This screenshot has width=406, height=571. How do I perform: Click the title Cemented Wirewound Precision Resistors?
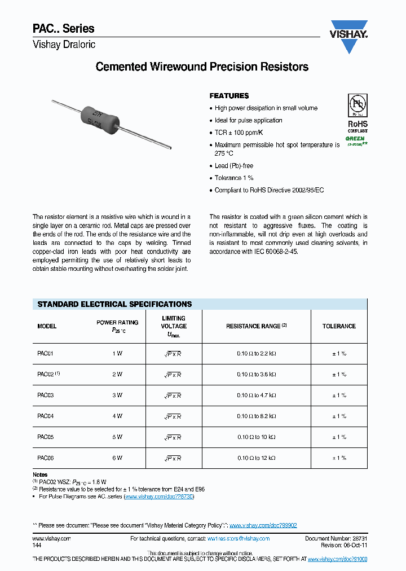pos(202,67)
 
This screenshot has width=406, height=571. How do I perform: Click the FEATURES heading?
pos(229,96)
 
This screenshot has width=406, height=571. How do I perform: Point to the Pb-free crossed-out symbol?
pos(357,106)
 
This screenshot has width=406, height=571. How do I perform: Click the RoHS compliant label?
pos(357,126)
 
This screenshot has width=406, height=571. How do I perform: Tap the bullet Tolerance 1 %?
pos(234,178)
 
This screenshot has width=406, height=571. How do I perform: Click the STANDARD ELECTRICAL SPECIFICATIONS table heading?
pos(114,304)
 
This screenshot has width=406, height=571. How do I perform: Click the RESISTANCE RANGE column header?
pos(257,326)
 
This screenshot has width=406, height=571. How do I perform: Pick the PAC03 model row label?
pos(45,396)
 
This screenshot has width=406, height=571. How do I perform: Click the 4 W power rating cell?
pos(117,416)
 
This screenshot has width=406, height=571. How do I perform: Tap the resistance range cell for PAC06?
pos(257,459)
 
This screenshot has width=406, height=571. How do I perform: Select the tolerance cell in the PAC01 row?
pos(339,353)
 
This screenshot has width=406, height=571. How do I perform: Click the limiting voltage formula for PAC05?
pos(173,438)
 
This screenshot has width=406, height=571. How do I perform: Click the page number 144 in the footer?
pos(37,546)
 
